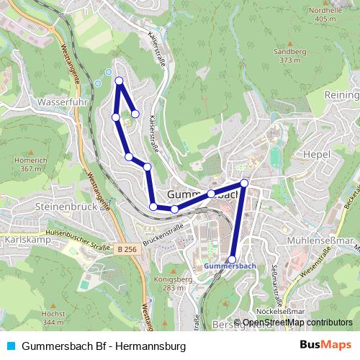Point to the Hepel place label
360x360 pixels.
coord(316,154)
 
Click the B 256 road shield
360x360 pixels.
coord(125,249)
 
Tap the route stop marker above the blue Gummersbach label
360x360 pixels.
coord(232,259)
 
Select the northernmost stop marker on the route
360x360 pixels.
coord(119,81)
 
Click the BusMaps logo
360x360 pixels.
coord(326,346)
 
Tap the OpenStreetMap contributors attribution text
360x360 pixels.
coord(297,323)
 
